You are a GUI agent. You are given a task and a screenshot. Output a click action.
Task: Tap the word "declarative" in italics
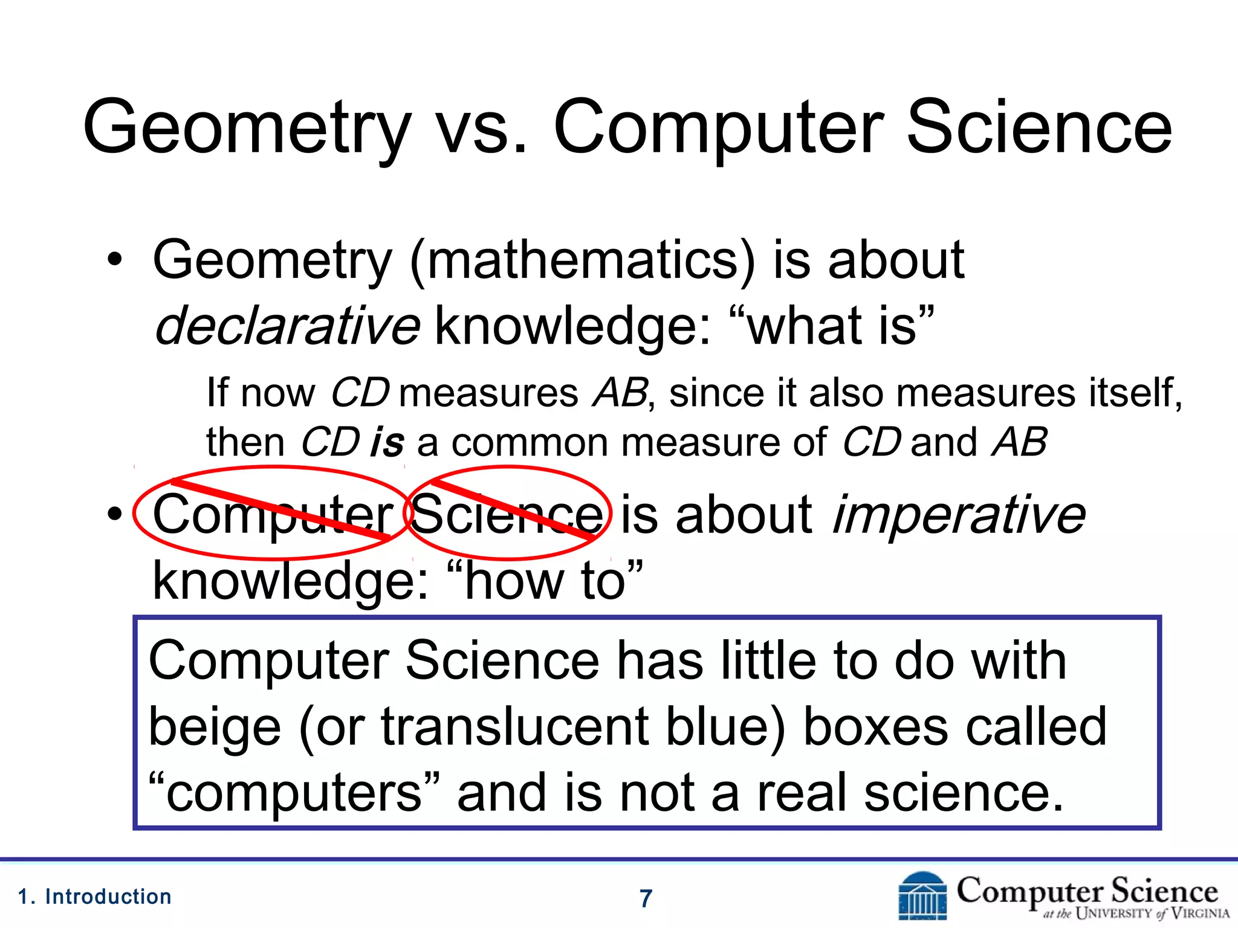point(287,326)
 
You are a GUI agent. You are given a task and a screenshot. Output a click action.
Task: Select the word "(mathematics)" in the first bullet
point(582,261)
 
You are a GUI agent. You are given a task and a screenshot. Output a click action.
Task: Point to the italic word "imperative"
point(959,515)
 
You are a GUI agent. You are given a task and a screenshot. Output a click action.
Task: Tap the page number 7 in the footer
point(646,898)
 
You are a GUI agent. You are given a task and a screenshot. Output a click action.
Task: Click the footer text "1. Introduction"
point(95,897)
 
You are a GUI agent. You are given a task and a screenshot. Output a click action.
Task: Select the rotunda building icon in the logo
point(922,897)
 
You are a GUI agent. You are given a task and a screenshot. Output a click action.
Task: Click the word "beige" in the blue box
point(215,727)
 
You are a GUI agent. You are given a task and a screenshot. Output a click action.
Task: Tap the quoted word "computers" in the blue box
point(294,793)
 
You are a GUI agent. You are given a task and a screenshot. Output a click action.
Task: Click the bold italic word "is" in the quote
point(387,442)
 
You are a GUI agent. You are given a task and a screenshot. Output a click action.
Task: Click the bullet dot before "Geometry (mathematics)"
point(114,261)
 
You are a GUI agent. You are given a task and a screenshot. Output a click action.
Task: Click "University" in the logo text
point(1114,913)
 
